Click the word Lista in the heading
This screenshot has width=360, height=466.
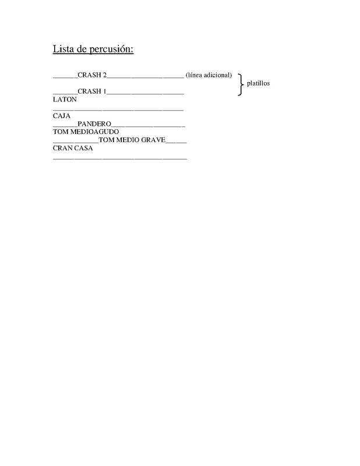pyautogui.click(x=63, y=49)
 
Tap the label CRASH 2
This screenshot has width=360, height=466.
pyautogui.click(x=92, y=75)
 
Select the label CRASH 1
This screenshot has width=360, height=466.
pyautogui.click(x=92, y=91)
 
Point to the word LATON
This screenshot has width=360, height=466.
pyautogui.click(x=65, y=100)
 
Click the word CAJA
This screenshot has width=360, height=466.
pyautogui.click(x=62, y=116)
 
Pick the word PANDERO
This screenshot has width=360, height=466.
pyautogui.click(x=94, y=123)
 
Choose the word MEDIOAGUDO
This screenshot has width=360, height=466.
pyautogui.click(x=94, y=132)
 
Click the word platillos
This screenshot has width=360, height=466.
pyautogui.click(x=258, y=83)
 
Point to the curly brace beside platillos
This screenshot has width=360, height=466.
pyautogui.click(x=241, y=84)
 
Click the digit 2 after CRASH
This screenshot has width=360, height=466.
pyautogui.click(x=105, y=75)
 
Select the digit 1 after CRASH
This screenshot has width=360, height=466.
pyautogui.click(x=105, y=91)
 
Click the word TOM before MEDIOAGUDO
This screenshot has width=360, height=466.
pyautogui.click(x=61, y=132)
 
